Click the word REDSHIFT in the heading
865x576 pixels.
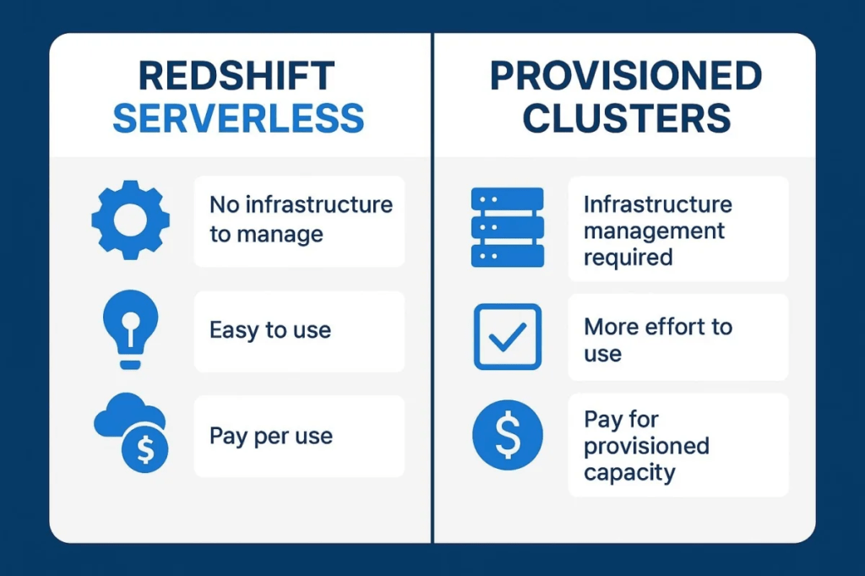click(237, 76)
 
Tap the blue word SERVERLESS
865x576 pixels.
click(238, 118)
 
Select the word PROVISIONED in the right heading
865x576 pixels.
click(626, 76)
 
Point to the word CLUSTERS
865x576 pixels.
click(627, 118)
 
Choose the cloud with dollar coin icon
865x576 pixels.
click(131, 432)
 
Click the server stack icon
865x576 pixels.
click(508, 227)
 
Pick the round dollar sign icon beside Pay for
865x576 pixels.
click(508, 435)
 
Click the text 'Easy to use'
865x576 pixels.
click(270, 330)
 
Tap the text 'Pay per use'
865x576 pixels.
click(271, 437)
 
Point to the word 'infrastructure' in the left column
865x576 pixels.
click(318, 204)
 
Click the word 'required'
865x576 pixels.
click(628, 258)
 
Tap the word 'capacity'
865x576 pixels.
click(629, 473)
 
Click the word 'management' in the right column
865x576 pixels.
click(655, 231)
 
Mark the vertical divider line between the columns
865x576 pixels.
click(432, 288)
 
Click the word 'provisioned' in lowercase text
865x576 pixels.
click(646, 446)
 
